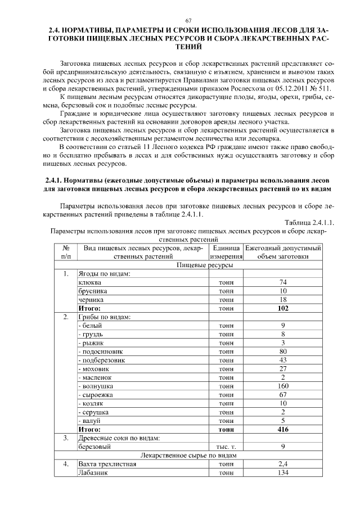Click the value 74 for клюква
pyautogui.click(x=283, y=282)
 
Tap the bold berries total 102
pyautogui.click(x=283, y=308)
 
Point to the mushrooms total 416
pyautogui.click(x=283, y=429)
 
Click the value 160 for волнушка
pyautogui.click(x=283, y=386)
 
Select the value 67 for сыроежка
pyautogui.click(x=283, y=395)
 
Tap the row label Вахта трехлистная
pyautogui.click(x=107, y=464)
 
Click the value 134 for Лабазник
pyautogui.click(x=283, y=473)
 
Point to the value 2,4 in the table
pyautogui.click(x=283, y=464)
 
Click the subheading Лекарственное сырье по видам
pyautogui.click(x=188, y=455)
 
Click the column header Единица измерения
pyautogui.click(x=226, y=252)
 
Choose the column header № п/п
pyautogui.click(x=66, y=252)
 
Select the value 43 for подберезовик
pyautogui.click(x=283, y=360)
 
